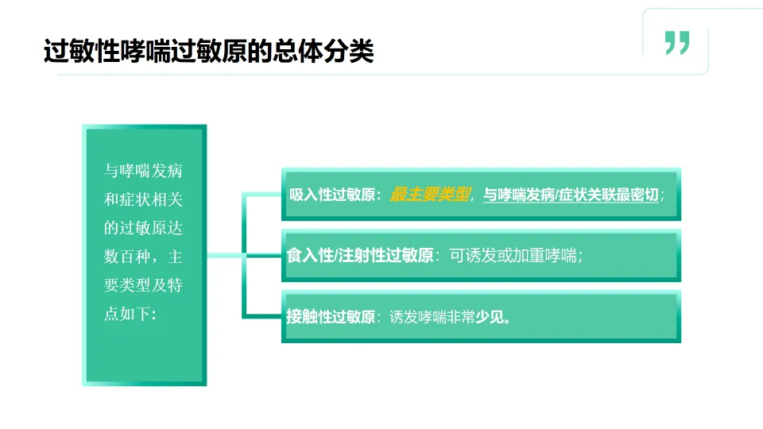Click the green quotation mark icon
point(677,43)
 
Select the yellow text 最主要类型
point(430,195)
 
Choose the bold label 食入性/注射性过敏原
point(360,256)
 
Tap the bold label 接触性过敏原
point(331,317)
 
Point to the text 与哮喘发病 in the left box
point(144,171)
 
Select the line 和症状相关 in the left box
point(144,199)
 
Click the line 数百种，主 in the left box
point(144,257)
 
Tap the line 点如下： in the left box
point(132,314)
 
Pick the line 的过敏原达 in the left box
point(144,228)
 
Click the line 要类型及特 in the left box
point(144,285)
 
